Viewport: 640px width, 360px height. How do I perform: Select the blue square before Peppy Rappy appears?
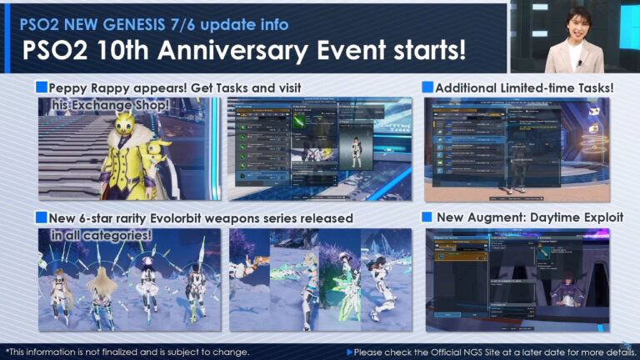[41, 87]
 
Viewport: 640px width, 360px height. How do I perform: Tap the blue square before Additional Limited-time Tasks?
[427, 87]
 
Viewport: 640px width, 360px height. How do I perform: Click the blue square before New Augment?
[427, 217]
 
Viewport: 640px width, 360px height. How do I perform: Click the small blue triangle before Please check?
[349, 352]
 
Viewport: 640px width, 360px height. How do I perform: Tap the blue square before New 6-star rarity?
[41, 217]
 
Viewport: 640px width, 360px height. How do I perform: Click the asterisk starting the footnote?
[7, 351]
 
